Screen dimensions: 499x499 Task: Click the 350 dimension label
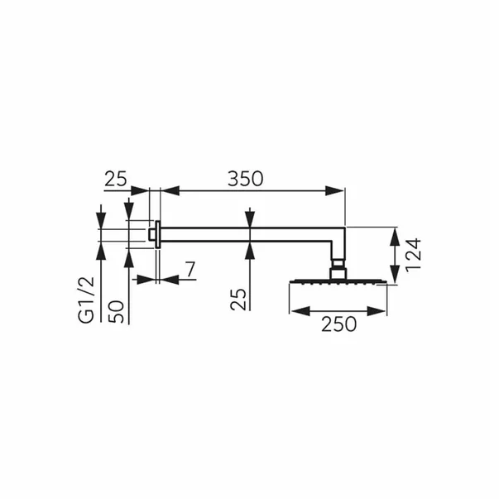point(246,179)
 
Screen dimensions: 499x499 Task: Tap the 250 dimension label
point(339,324)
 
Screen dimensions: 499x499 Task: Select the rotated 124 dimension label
point(414,255)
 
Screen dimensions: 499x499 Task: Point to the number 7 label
point(190,270)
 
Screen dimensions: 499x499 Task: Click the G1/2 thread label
point(87,300)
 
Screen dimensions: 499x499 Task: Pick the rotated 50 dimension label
point(116,311)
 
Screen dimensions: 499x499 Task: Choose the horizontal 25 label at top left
point(116,179)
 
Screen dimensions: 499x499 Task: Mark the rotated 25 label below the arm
point(238,299)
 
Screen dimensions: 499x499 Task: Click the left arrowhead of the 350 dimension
point(171,191)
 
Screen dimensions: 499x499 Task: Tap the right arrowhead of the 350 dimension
point(334,191)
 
